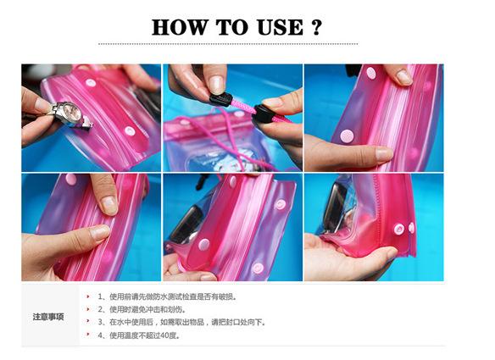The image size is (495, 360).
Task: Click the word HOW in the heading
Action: (x=180, y=27)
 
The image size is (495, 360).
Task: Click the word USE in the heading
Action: (x=280, y=27)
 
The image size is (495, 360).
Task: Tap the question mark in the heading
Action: (x=317, y=27)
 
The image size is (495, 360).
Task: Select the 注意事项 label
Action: (x=48, y=317)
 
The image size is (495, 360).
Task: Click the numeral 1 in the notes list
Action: (x=100, y=296)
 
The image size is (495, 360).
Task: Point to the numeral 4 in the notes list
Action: (x=100, y=335)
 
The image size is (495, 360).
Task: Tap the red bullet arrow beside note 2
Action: (x=88, y=309)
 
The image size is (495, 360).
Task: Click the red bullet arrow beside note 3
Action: (x=88, y=322)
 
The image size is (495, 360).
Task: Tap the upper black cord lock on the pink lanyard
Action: (x=220, y=100)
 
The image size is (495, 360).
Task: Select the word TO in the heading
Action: (x=232, y=27)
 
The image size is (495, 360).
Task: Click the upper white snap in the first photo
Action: (x=91, y=83)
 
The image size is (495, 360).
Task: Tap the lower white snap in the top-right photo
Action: (x=347, y=136)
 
